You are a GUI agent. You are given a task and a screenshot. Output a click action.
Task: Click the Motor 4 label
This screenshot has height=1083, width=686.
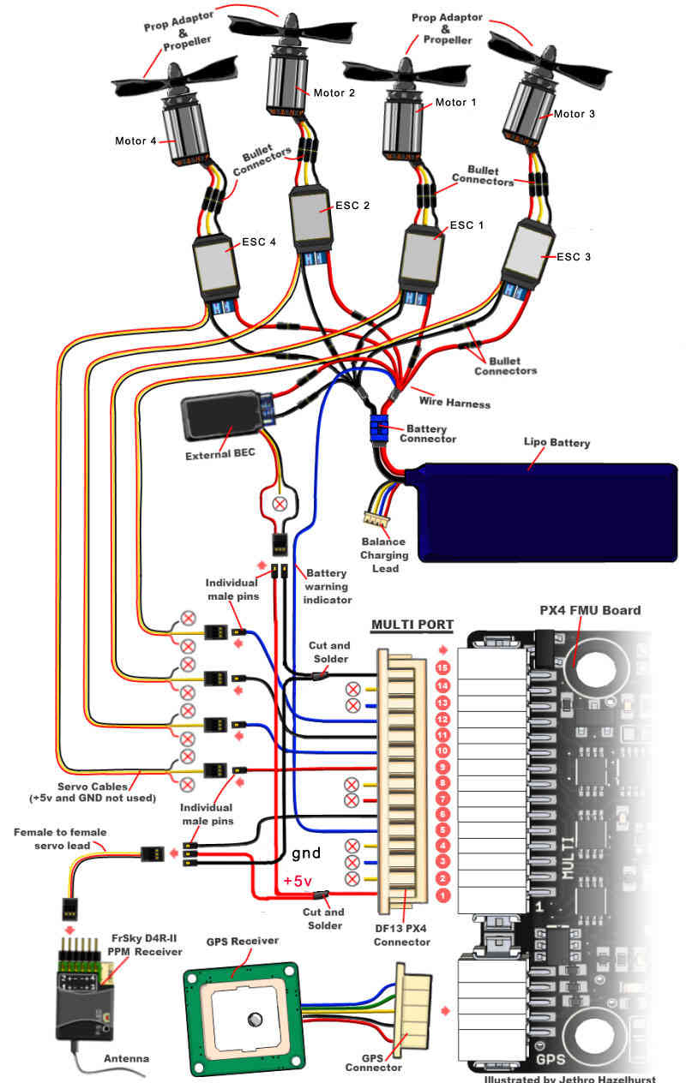pyautogui.click(x=135, y=141)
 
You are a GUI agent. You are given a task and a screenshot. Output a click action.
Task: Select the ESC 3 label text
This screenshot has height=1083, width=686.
pyautogui.click(x=575, y=256)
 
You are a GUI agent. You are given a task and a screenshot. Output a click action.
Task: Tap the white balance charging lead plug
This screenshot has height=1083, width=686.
pyautogui.click(x=374, y=518)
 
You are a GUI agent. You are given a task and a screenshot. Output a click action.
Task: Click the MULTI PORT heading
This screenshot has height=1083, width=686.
pyautogui.click(x=412, y=625)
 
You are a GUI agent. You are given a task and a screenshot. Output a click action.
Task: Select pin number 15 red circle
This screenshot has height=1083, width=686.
pyautogui.click(x=442, y=667)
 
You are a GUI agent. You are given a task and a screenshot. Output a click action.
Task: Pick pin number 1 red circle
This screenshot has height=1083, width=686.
pyautogui.click(x=442, y=895)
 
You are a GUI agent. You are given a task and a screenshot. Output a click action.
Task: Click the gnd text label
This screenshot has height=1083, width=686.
pyautogui.click(x=306, y=853)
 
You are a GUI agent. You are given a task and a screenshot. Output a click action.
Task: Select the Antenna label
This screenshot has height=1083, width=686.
pyautogui.click(x=127, y=1059)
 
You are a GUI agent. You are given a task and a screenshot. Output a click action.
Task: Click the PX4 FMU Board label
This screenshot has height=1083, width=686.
pyautogui.click(x=590, y=611)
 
